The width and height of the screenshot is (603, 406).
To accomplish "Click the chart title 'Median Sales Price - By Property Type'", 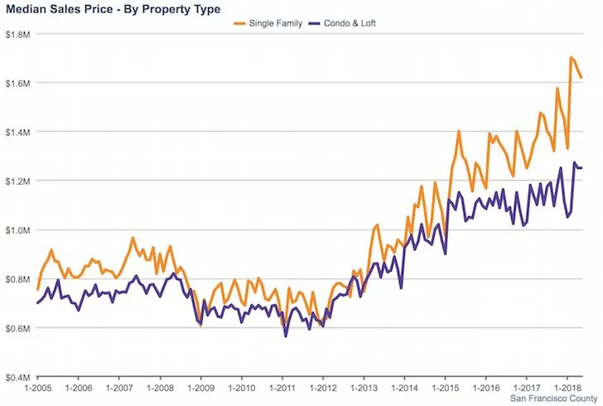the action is point(113,9).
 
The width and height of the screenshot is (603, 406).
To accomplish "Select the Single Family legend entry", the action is point(268,23).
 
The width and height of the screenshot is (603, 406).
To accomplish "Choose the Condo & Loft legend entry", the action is point(343,23).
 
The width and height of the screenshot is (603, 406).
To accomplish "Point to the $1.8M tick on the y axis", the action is point(17,34).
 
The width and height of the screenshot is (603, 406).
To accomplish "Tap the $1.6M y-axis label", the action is point(17,83).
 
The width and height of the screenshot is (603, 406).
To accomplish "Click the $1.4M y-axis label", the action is point(17,133).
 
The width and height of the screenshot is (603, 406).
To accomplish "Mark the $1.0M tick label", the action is point(17,230).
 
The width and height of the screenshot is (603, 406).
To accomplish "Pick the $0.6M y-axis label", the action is point(17,328).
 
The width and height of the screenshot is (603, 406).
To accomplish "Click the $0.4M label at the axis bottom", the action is point(17,377).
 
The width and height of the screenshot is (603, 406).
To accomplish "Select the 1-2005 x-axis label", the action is point(38,388).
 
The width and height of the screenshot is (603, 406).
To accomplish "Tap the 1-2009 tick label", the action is point(200,388).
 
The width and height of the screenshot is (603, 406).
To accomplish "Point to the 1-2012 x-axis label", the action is point(323,388).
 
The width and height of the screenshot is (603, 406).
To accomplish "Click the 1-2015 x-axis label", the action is point(446,388).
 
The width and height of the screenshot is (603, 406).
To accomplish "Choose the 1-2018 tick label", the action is point(567,388).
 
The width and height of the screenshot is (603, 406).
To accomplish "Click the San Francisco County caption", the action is point(554,399).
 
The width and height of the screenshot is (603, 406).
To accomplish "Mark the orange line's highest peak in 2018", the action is point(571,57).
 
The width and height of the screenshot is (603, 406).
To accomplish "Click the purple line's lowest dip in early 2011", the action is point(286,336).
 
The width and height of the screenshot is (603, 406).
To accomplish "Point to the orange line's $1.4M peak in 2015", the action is point(459,131).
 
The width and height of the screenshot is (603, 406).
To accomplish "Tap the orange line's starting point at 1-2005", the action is point(38,289).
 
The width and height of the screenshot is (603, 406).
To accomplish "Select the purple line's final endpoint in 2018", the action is point(581,168).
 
